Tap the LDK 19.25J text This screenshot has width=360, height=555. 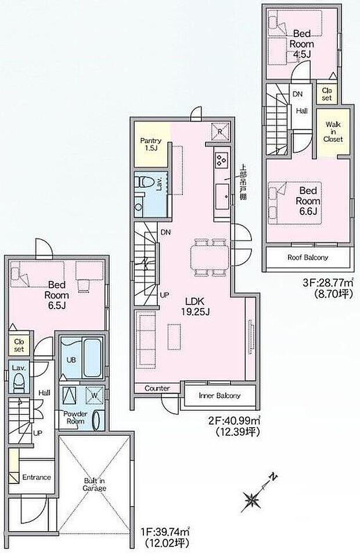[197, 306]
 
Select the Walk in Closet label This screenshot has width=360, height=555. [333, 132]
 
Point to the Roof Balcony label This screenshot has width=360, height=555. [308, 257]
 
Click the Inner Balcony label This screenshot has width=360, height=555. [219, 396]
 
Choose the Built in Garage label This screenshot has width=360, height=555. [94, 485]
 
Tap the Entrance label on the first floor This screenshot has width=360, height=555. [37, 477]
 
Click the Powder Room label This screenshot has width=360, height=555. [75, 418]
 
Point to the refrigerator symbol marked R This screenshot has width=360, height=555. [221, 131]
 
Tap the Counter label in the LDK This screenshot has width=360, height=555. [157, 388]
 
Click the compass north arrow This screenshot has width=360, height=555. [254, 496]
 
